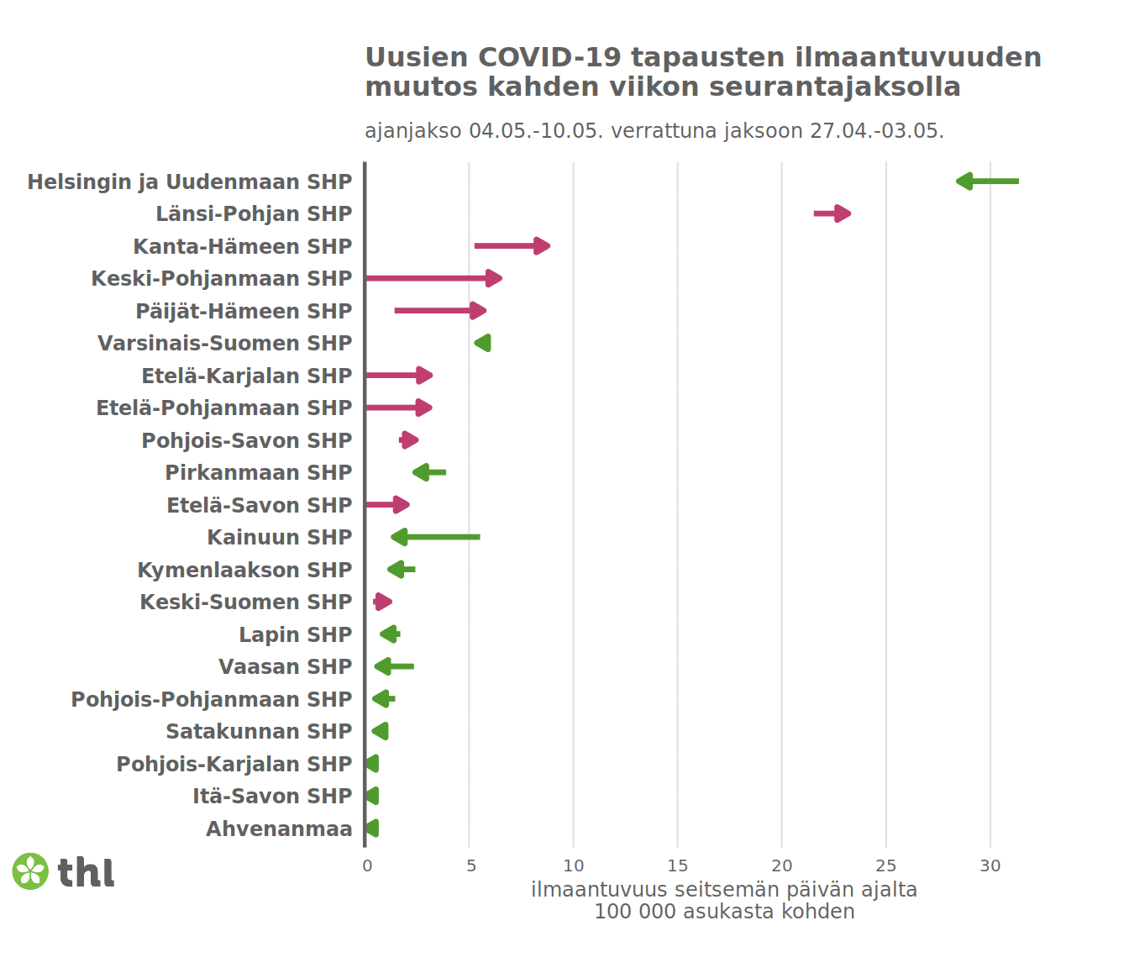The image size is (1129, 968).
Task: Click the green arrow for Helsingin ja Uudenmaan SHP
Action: (987, 181)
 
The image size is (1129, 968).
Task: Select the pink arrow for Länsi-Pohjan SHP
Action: (832, 213)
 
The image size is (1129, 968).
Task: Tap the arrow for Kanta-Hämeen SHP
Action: (512, 246)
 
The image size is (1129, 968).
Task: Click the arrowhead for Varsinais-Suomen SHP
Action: (483, 343)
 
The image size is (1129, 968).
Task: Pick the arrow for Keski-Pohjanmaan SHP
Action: (433, 278)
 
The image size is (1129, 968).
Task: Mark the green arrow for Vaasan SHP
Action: (394, 666)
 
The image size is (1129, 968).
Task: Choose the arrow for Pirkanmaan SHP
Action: (429, 472)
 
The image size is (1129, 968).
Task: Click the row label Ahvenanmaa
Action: (279, 829)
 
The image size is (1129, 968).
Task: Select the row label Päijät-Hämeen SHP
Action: (244, 311)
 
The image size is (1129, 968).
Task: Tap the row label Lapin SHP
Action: (295, 634)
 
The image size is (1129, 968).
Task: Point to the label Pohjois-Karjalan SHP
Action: (234, 764)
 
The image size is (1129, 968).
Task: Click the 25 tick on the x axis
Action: (885, 865)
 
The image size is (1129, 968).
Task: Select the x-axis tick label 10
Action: (574, 865)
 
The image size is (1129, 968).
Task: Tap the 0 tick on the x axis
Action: (367, 865)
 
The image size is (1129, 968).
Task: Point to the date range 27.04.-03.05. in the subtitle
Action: (876, 131)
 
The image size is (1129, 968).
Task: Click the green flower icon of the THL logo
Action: (30, 871)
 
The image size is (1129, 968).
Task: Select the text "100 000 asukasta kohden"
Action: (724, 912)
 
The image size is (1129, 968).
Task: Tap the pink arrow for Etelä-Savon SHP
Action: (387, 505)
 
